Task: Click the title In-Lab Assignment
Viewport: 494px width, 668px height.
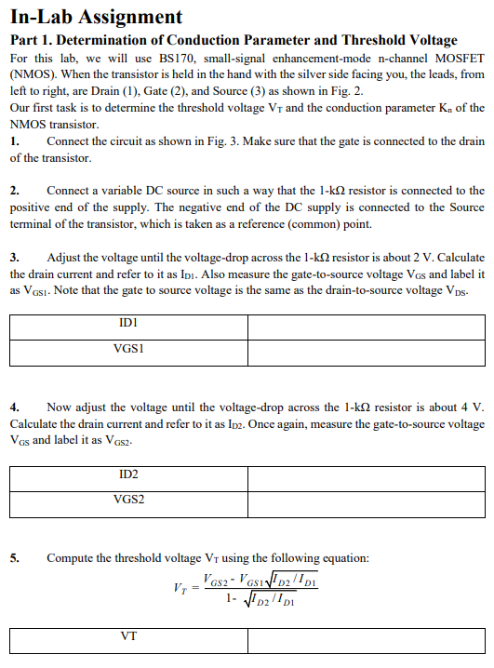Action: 96,16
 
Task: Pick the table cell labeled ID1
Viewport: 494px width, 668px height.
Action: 129,327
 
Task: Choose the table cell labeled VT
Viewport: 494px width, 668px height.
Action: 129,641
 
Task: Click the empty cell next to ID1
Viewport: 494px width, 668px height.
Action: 366,327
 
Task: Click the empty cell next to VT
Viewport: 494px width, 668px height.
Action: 366,641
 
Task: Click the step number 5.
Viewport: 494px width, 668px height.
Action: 15,558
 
